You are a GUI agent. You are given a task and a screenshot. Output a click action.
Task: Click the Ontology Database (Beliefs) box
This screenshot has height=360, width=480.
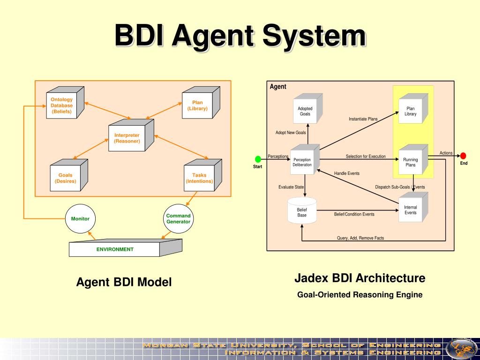(65, 103)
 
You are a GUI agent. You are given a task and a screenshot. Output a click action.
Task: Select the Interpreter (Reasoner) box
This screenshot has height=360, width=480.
(131, 135)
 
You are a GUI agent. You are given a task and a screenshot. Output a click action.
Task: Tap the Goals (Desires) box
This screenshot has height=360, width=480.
(69, 175)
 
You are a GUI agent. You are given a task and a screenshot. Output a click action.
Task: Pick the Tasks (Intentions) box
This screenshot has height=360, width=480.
(202, 175)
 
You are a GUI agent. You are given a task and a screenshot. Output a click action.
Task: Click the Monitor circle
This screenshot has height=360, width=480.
(80, 218)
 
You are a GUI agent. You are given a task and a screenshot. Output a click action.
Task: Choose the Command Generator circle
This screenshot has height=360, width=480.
(179, 218)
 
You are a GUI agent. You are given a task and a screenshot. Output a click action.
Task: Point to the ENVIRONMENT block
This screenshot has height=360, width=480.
(126, 247)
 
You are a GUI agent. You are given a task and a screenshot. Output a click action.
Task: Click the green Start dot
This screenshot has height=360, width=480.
(258, 159)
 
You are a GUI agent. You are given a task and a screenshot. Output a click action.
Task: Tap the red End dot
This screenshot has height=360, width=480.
(463, 156)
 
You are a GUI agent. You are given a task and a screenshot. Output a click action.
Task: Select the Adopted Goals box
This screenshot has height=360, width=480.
(307, 108)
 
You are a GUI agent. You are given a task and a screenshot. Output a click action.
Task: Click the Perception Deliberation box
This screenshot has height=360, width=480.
(305, 159)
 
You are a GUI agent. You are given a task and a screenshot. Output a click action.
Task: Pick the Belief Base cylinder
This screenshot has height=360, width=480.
(302, 210)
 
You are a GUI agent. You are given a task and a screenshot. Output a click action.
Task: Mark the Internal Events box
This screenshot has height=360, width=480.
(413, 207)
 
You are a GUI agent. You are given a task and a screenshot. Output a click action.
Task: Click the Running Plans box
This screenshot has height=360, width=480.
(413, 159)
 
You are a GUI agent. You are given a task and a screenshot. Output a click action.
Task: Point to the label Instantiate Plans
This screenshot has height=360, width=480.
(363, 119)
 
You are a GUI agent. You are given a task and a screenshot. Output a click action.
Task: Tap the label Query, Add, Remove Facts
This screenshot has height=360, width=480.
(360, 238)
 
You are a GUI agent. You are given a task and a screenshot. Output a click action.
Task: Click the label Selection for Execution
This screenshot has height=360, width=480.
(366, 157)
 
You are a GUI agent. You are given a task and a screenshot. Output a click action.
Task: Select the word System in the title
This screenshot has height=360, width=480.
(315, 36)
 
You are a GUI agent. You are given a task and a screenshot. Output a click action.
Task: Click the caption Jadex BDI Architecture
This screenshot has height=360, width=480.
(360, 278)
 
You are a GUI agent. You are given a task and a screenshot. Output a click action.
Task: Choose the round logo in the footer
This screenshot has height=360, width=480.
(461, 349)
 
